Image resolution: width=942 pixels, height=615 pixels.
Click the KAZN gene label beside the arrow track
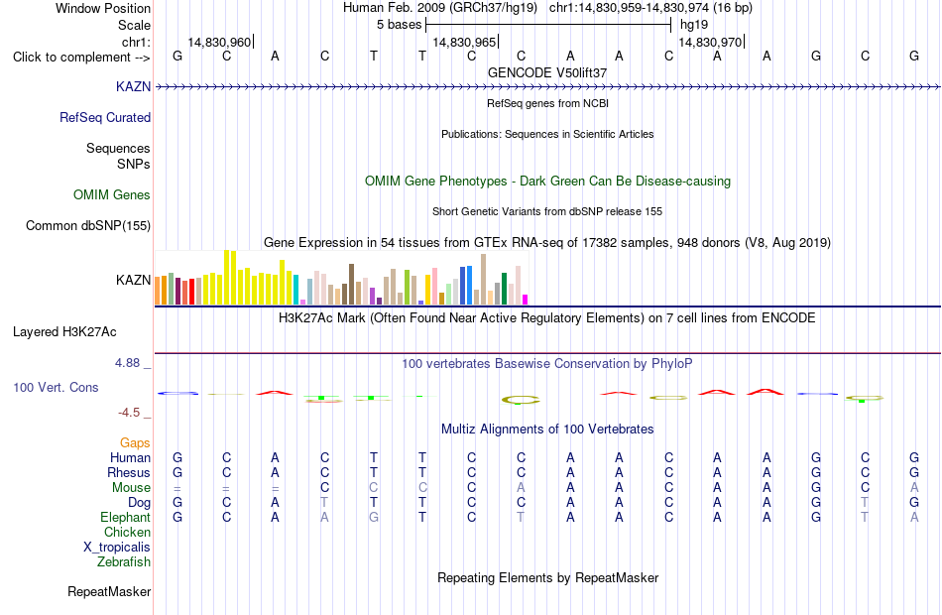click(133, 86)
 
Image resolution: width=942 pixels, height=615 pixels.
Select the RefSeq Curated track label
click(105, 117)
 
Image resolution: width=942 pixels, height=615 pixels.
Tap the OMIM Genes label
click(112, 194)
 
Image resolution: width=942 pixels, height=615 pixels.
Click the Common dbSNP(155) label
click(88, 225)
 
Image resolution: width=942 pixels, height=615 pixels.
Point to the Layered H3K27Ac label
click(64, 332)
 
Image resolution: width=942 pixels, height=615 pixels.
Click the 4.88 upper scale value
click(127, 363)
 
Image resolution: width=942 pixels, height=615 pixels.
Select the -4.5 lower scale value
click(129, 413)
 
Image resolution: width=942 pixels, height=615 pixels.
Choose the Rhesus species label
click(129, 472)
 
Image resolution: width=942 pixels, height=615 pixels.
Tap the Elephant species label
click(126, 517)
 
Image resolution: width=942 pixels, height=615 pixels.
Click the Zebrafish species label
click(124, 561)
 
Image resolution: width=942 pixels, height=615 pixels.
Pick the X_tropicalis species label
click(117, 548)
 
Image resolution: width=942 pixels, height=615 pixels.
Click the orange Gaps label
click(135, 443)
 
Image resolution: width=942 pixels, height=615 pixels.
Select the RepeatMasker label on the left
click(109, 591)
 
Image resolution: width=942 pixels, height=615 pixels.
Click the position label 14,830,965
click(464, 42)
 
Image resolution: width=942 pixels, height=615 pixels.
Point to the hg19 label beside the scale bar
click(694, 25)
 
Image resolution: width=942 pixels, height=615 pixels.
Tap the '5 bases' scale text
click(400, 25)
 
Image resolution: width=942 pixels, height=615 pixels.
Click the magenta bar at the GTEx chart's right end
click(526, 300)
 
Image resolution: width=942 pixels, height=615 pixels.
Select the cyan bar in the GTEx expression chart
click(295, 290)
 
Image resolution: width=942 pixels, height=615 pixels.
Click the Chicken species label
click(127, 532)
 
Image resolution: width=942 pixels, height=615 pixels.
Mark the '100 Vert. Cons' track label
click(56, 387)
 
